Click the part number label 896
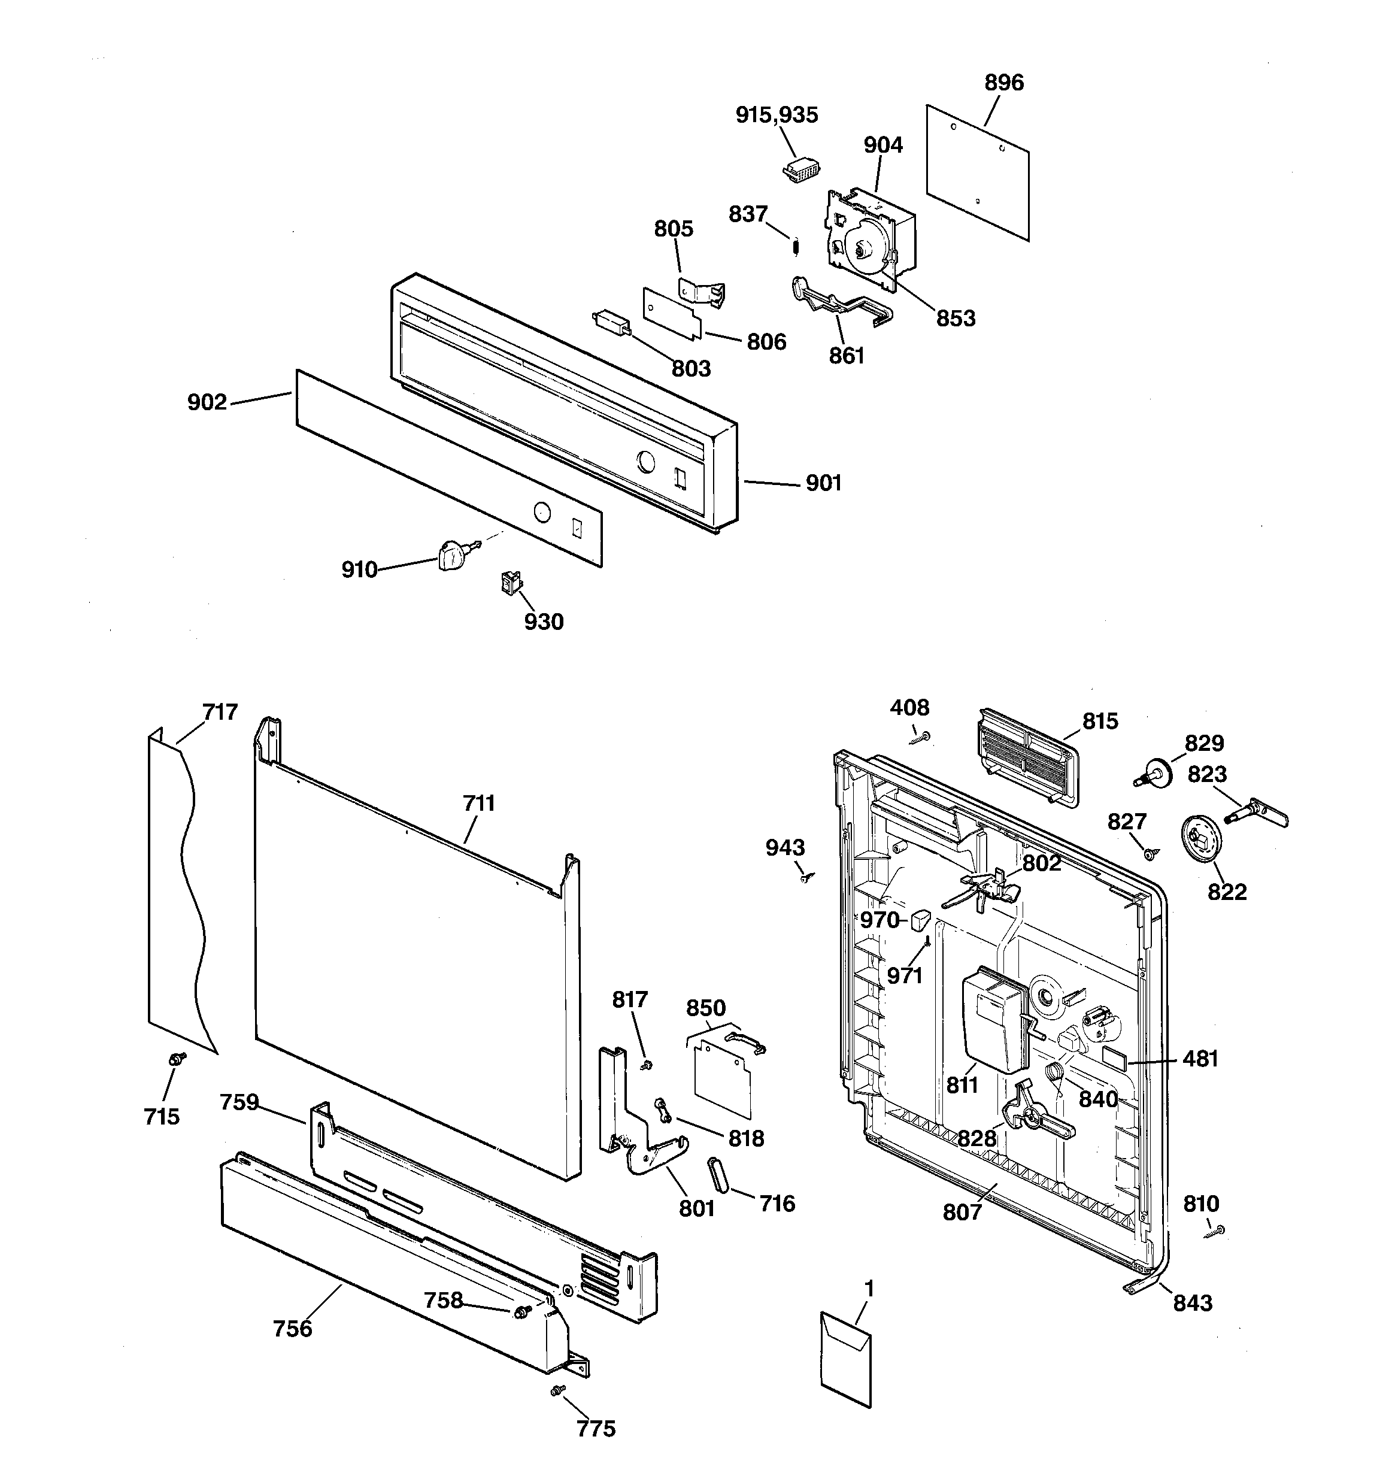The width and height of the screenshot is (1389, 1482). [1003, 83]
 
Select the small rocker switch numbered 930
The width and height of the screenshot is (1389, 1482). [511, 581]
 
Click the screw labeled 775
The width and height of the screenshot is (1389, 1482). [556, 1390]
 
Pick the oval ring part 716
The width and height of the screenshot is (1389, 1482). [715, 1177]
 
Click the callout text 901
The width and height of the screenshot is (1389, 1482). [823, 483]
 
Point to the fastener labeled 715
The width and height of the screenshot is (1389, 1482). [177, 1059]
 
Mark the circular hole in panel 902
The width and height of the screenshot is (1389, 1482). [542, 512]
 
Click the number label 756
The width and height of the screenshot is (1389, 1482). [292, 1329]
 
